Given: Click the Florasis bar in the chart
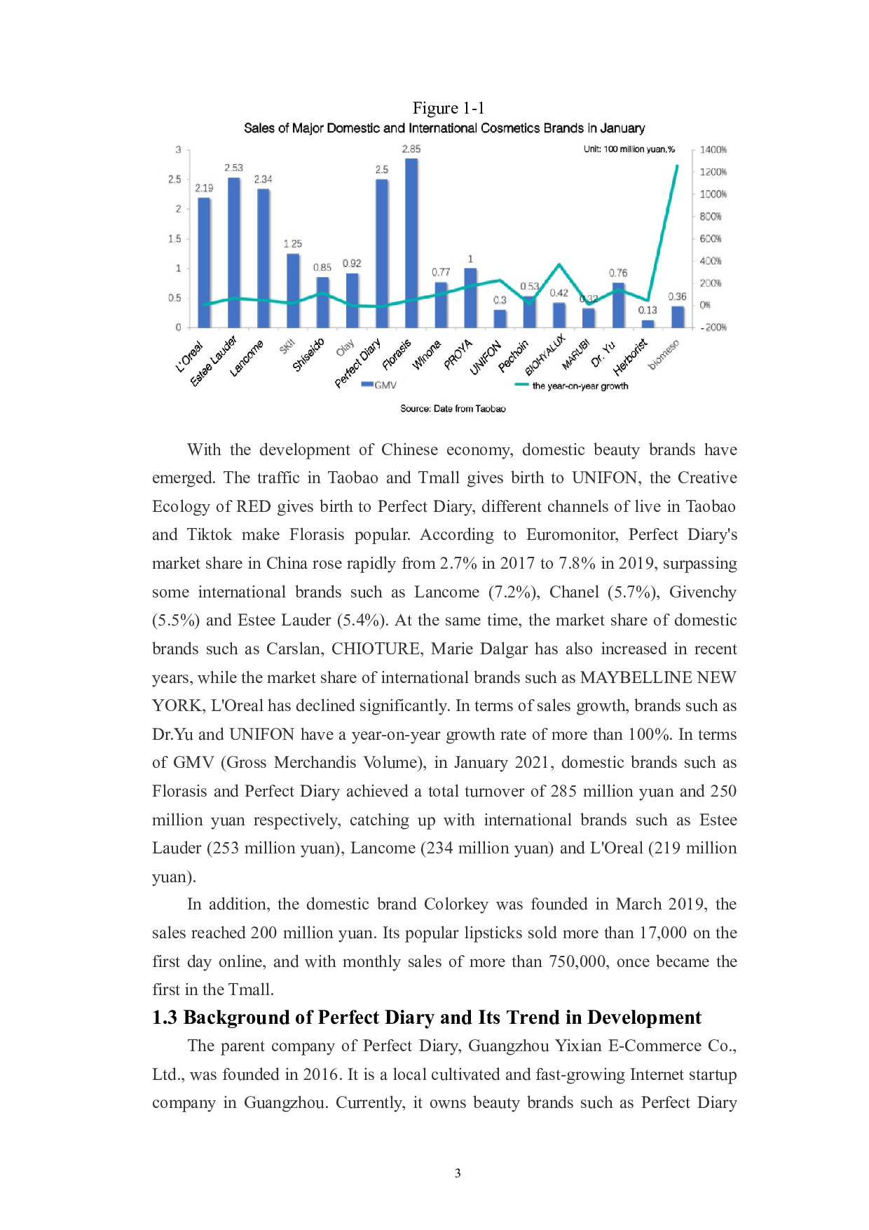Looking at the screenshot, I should pyautogui.click(x=411, y=243).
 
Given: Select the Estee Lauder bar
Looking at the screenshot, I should pyautogui.click(x=233, y=252).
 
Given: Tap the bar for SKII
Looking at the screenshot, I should pyautogui.click(x=293, y=290).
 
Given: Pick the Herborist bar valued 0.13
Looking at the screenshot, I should pyautogui.click(x=648, y=323).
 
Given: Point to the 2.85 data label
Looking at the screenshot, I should pyautogui.click(x=411, y=149).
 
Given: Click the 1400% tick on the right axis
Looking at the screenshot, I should pyautogui.click(x=713, y=149).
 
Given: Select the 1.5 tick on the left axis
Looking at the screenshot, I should pyautogui.click(x=175, y=238).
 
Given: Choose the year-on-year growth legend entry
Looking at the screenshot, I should pyautogui.click(x=571, y=386).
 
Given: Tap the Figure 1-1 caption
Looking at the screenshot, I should pyautogui.click(x=449, y=108).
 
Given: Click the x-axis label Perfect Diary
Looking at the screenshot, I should pyautogui.click(x=359, y=362).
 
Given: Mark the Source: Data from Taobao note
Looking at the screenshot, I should pyautogui.click(x=453, y=408).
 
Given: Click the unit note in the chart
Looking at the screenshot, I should pyautogui.click(x=629, y=149).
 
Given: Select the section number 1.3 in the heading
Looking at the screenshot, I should pyautogui.click(x=165, y=1018).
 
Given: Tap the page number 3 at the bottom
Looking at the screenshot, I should pyautogui.click(x=458, y=1173).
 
